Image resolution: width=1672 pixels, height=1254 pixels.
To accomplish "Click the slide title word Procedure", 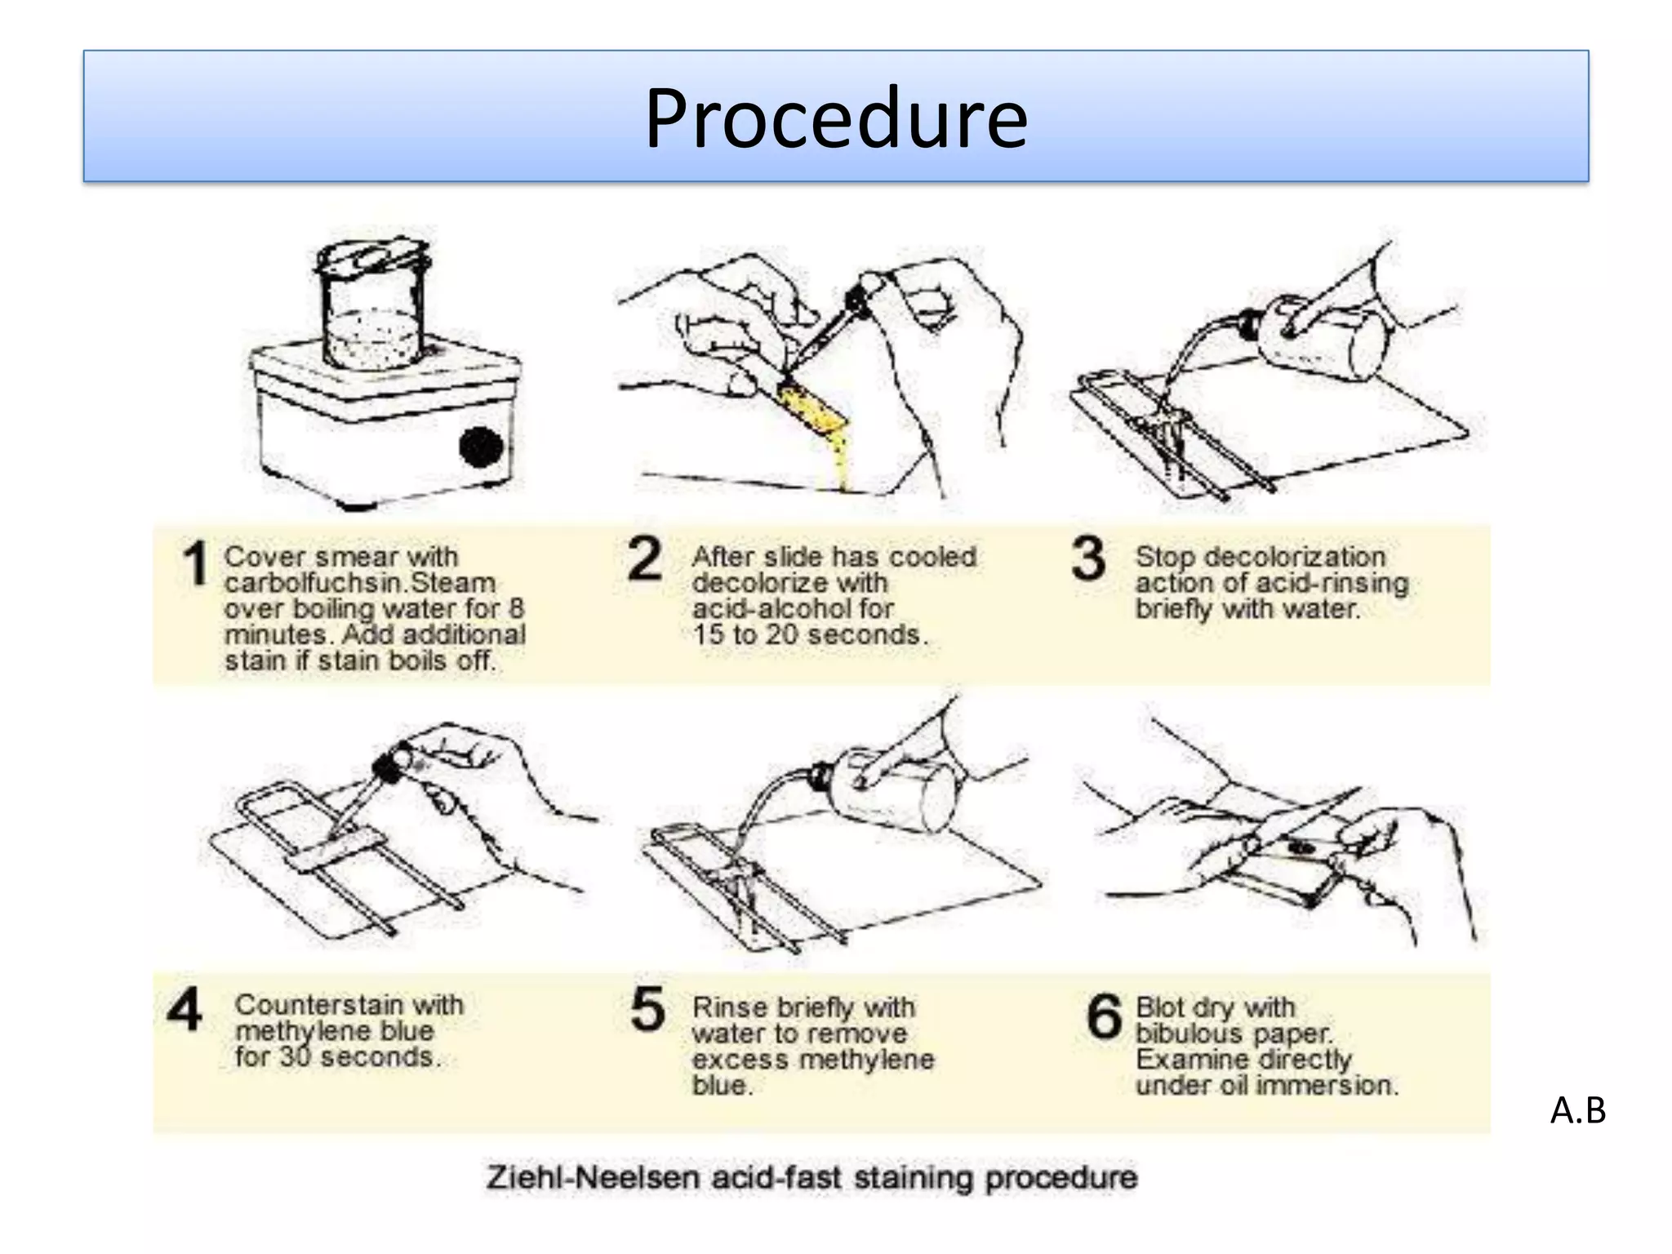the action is coord(836,118).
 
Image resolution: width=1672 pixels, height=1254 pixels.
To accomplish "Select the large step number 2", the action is coord(644,559).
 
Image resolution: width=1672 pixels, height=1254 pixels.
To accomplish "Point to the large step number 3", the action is coord(1088,558).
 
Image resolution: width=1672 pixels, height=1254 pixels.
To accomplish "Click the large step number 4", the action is coord(185,1009).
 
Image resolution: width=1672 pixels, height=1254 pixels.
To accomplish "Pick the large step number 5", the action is coord(648,1009).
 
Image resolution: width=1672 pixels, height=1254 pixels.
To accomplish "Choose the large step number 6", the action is coord(1105,1016).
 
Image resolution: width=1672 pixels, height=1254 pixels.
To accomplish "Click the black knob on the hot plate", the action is coord(481,446).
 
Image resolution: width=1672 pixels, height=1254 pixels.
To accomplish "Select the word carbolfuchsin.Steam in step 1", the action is coord(360,583).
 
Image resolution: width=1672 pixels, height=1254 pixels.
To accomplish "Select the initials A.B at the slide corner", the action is coord(1578,1110).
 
